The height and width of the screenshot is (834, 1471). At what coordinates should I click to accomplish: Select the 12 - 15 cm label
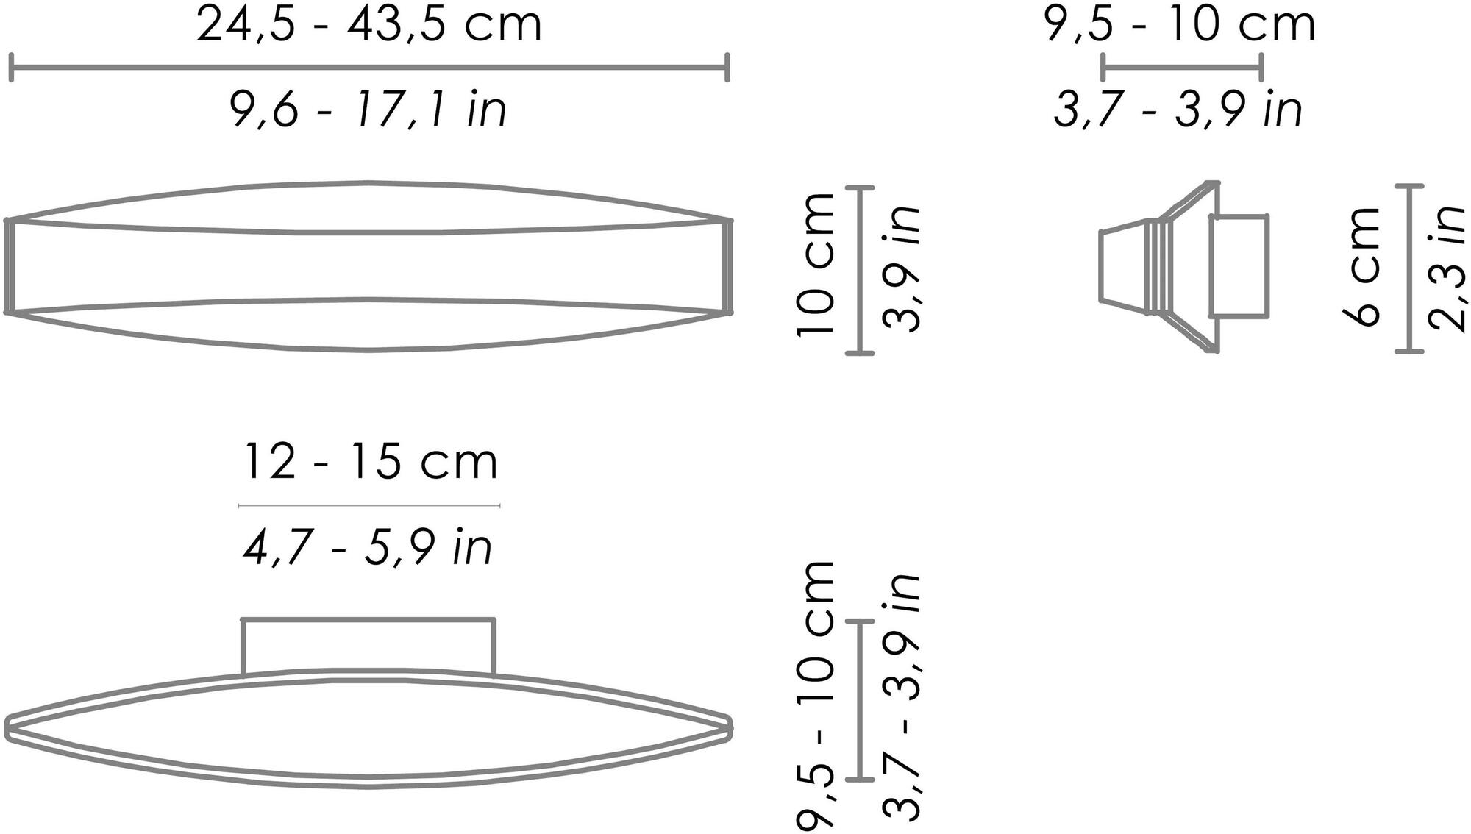tap(370, 462)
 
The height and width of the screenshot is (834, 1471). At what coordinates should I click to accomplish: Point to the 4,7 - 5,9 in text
tap(368, 547)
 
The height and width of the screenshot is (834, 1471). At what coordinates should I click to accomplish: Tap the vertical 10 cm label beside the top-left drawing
tap(816, 265)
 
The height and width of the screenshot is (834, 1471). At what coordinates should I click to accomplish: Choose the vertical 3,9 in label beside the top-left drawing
tap(901, 268)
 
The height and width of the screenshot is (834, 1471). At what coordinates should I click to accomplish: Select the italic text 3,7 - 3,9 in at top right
tap(1178, 110)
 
